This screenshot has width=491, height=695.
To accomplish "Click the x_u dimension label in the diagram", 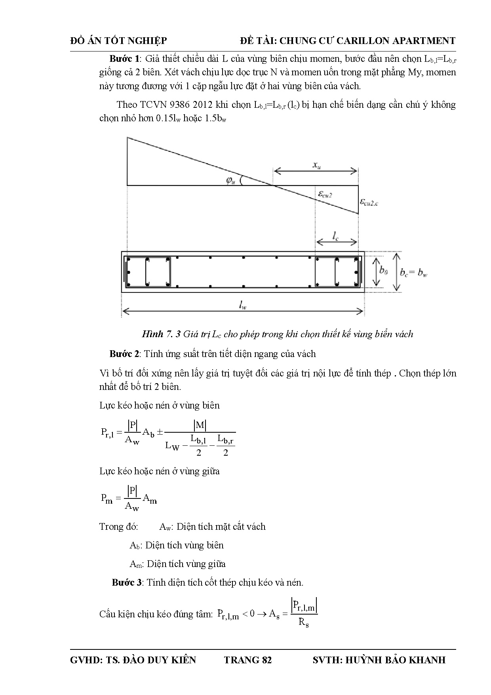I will point(316,166).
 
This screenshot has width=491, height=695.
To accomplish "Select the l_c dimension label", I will point(335,237).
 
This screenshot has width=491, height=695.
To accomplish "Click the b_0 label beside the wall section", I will point(383,271).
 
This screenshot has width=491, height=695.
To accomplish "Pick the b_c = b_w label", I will point(413,272).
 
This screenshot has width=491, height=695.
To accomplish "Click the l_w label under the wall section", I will point(242,305).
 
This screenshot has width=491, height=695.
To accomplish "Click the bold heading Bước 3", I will point(127,582).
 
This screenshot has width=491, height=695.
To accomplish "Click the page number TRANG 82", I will point(248,660).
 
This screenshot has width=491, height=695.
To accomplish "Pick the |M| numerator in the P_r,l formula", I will point(200,425).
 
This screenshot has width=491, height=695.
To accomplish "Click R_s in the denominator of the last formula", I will point(303,622).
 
